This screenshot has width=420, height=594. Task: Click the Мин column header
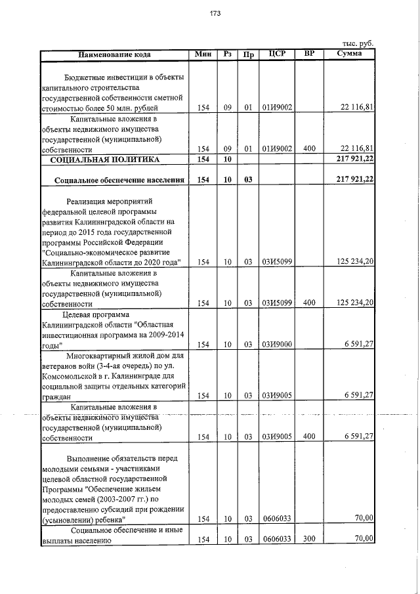point(203,54)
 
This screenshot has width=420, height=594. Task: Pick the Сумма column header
point(348,54)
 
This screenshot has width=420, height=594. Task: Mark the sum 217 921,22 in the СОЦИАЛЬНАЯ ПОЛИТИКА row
point(354,159)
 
